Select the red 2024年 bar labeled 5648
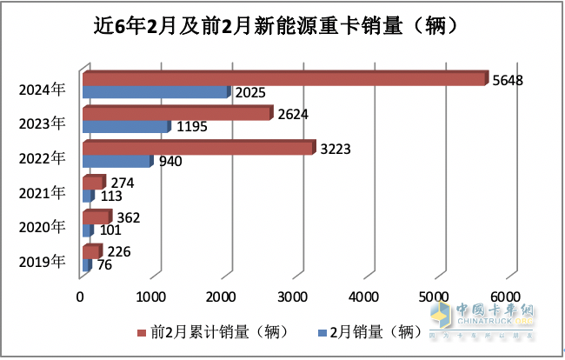[283, 78]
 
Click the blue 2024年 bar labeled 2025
[156, 91]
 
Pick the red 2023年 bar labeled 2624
[176, 113]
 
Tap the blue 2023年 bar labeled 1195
[125, 126]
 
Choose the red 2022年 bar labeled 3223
[197, 148]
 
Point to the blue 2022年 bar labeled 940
[116, 161]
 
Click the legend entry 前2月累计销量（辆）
[213, 332]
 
